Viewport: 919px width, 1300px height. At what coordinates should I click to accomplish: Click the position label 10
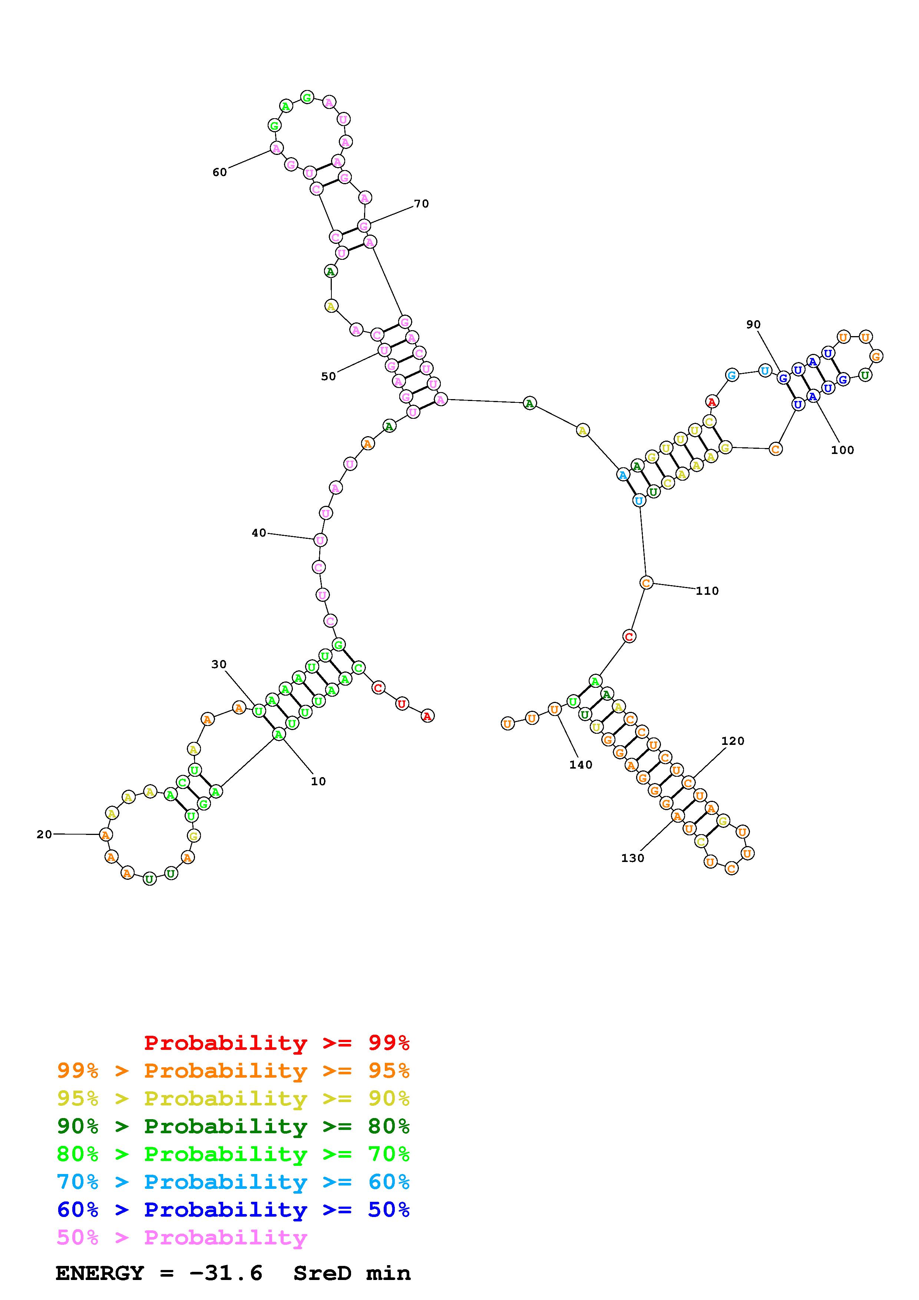point(318,781)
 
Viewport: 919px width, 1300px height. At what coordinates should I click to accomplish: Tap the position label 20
point(44,834)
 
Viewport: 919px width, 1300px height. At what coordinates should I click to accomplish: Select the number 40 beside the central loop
point(259,533)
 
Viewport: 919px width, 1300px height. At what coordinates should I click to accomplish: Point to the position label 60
point(220,172)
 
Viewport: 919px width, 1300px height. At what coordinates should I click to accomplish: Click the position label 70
point(421,204)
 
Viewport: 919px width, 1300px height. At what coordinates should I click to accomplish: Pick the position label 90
point(753,324)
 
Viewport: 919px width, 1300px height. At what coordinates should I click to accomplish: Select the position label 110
point(707,591)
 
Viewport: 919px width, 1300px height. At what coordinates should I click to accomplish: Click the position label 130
point(632,858)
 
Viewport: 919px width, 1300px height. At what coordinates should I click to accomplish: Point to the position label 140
point(581,765)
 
